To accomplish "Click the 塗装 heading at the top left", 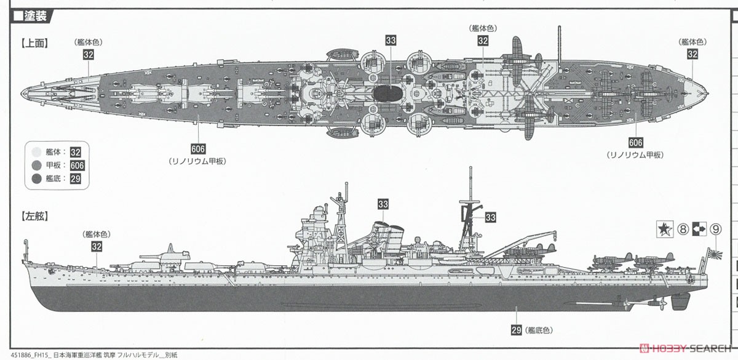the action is tap(31, 16).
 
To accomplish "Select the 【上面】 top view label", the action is tap(34, 43).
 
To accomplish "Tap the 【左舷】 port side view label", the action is tap(34, 216).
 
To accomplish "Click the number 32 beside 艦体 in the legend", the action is tap(76, 153).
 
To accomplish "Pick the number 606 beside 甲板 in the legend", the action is tap(77, 166).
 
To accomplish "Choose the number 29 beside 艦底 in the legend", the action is tap(76, 178).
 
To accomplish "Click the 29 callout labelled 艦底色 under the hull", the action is tap(516, 330).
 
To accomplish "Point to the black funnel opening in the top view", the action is tap(388, 94).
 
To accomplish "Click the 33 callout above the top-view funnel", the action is tap(391, 41).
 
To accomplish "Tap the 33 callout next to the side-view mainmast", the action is tap(491, 217).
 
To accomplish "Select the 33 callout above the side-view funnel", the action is tap(383, 204).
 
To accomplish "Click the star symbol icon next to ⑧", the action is tap(665, 229).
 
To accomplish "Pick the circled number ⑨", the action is tap(715, 229).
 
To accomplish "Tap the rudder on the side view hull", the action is tap(680, 301).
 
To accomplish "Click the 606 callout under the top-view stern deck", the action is tap(635, 142).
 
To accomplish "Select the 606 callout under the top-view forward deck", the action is tap(198, 149).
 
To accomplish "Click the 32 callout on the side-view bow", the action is tap(97, 247).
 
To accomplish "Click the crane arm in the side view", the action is tap(520, 245).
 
